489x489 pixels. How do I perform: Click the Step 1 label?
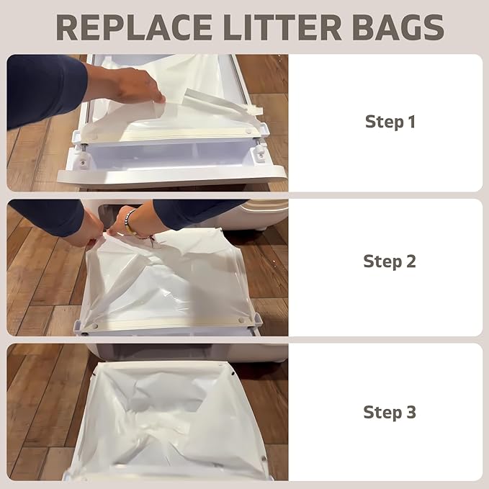(x=390, y=122)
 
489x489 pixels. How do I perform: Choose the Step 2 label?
(x=390, y=261)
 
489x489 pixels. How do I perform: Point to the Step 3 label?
(x=390, y=412)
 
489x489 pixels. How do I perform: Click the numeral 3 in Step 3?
(x=411, y=412)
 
